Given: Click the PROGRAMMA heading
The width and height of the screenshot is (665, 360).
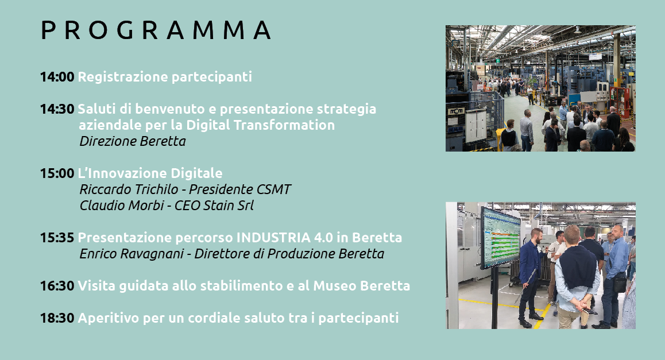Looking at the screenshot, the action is click(x=156, y=30).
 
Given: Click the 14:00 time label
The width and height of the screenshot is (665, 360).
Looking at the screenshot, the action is click(x=57, y=77).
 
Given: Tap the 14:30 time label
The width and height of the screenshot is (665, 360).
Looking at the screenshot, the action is click(x=57, y=109).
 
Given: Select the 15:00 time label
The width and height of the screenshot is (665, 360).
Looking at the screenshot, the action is click(x=57, y=173).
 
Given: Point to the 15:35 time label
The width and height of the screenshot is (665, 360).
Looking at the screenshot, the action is click(x=57, y=238).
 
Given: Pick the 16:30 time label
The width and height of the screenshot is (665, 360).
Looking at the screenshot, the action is click(x=57, y=286).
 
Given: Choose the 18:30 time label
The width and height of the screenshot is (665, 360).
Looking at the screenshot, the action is click(x=57, y=318).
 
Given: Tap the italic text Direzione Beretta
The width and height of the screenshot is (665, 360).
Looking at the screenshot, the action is click(x=133, y=141).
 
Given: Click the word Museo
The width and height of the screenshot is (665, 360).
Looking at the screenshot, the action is click(x=335, y=286).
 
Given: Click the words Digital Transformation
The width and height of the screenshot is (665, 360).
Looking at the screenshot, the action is click(x=260, y=125).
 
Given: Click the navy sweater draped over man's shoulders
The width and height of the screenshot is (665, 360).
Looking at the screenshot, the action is click(x=578, y=267).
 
